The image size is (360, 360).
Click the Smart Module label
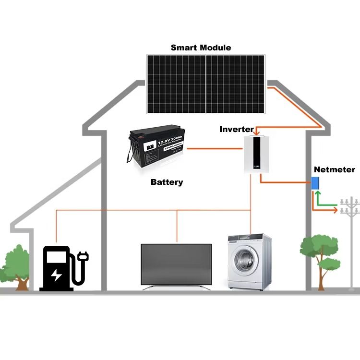(201, 48)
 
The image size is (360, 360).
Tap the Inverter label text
(236, 129)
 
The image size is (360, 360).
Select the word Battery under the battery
(167, 182)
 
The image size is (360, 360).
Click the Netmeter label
(334, 169)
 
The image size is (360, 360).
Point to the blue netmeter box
(316, 183)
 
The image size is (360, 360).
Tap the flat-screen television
(176, 264)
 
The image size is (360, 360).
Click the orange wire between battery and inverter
(214, 148)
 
